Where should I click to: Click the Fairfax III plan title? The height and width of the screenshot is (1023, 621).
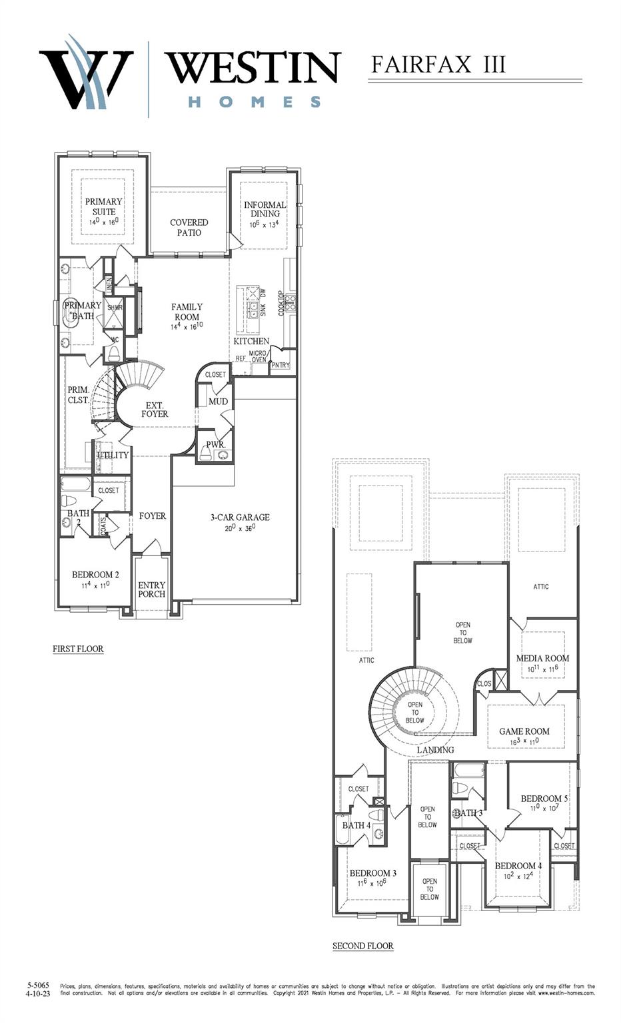tap(438, 65)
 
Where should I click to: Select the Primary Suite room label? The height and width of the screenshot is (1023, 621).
tap(103, 206)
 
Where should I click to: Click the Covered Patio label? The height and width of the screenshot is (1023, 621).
tap(189, 227)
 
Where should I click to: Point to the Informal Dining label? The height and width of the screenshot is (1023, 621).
tap(265, 209)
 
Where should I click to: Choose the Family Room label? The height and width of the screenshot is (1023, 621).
tap(187, 312)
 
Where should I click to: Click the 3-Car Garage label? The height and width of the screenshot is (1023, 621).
tap(240, 517)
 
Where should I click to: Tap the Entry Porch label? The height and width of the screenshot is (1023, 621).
tap(151, 589)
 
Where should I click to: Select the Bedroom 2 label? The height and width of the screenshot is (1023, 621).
tap(95, 575)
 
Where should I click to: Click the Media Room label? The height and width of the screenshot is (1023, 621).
tap(542, 658)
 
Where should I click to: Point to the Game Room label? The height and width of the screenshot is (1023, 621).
tap(524, 731)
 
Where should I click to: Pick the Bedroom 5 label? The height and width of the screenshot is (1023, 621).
tap(544, 798)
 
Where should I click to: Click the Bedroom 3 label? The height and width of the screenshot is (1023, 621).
tap(372, 872)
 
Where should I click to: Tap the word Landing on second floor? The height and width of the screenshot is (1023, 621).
tap(435, 750)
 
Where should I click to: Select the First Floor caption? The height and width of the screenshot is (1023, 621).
tap(78, 649)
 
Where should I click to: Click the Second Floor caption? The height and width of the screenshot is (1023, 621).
tap(362, 946)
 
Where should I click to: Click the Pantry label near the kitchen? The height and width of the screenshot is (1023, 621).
tap(281, 364)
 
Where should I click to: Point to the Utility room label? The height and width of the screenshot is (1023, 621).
tap(113, 455)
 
